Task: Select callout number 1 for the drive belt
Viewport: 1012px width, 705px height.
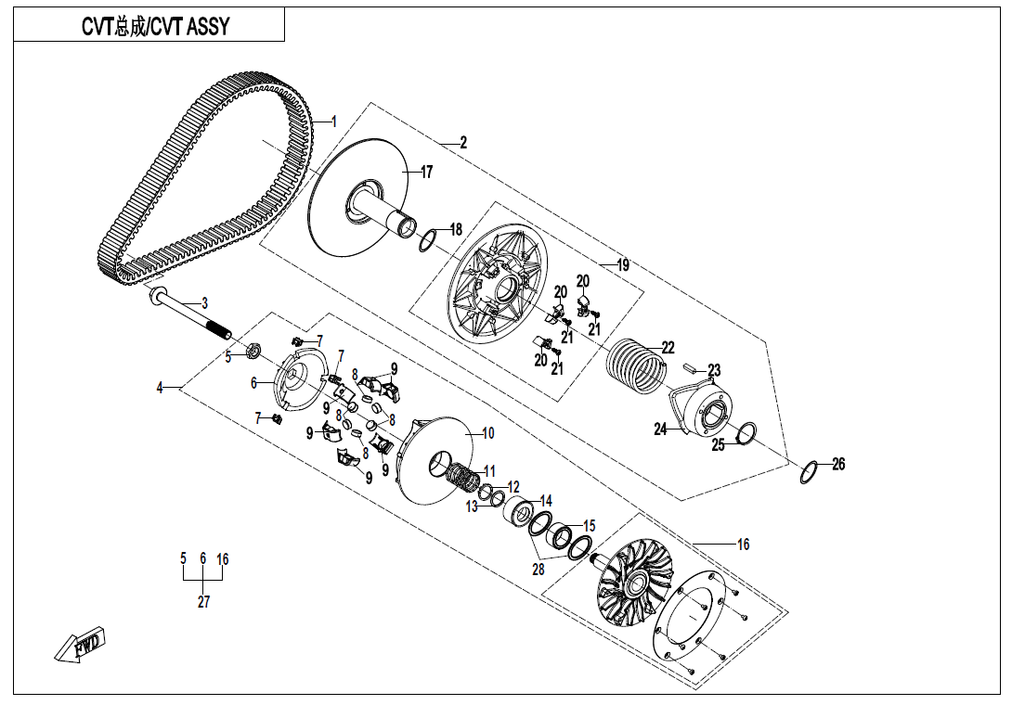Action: click(x=335, y=122)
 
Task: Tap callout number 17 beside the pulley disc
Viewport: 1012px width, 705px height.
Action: click(x=426, y=173)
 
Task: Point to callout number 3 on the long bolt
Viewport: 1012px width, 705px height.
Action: click(x=204, y=303)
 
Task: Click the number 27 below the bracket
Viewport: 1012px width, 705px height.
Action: click(x=203, y=601)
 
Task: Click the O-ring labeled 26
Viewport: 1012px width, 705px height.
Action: click(x=808, y=472)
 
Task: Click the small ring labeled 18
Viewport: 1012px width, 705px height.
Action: click(x=428, y=240)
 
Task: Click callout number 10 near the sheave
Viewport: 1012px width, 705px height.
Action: click(x=487, y=433)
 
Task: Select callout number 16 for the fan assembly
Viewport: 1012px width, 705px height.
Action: click(x=743, y=545)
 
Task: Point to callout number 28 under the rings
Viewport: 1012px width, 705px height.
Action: click(x=538, y=570)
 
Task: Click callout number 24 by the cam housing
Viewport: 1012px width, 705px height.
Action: click(x=660, y=429)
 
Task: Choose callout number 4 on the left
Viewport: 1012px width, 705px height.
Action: click(x=159, y=388)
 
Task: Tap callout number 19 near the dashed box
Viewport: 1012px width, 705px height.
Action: click(x=622, y=264)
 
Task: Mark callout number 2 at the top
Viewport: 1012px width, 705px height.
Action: click(x=462, y=143)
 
